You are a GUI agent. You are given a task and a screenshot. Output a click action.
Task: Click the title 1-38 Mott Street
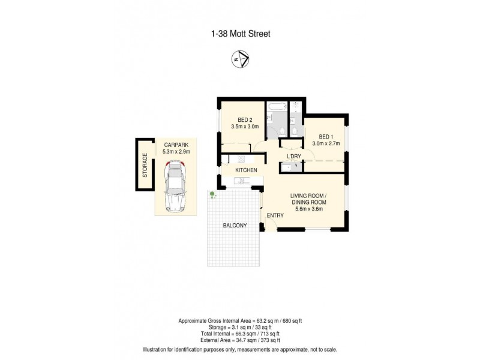[241, 34]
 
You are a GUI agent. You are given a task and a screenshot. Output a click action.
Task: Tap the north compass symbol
[240, 59]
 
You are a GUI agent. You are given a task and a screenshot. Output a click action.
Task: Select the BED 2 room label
[245, 119]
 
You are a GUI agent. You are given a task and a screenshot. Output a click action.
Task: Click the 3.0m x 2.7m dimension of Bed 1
[326, 144]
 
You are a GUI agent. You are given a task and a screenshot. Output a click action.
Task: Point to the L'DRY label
[293, 157]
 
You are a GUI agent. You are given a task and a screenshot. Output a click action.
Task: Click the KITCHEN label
[246, 170]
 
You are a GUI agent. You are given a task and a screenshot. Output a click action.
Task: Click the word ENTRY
[275, 215]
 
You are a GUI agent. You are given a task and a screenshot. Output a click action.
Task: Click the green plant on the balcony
[212, 194]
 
